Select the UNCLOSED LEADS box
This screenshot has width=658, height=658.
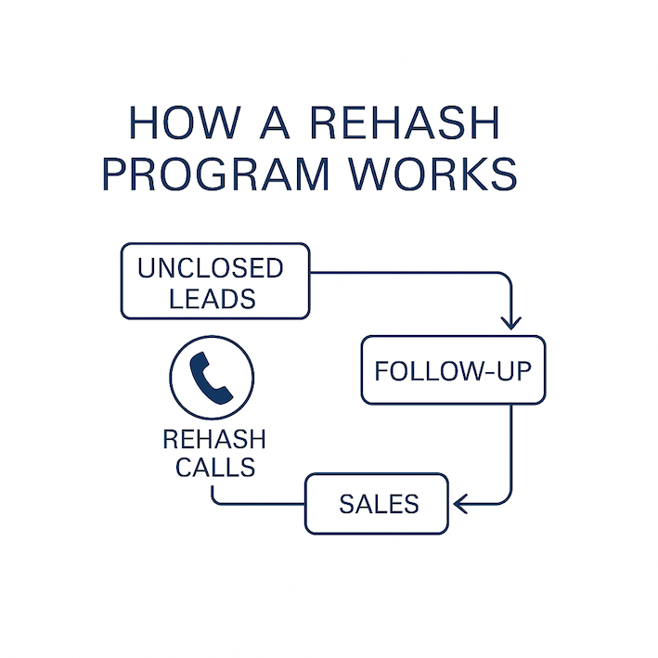214,281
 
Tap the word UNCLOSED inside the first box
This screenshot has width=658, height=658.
211,268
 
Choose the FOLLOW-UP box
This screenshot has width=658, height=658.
453,370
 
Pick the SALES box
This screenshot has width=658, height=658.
377,504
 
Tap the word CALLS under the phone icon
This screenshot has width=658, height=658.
215,467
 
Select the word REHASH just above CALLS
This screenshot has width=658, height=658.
214,439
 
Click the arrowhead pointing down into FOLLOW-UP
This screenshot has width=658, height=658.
510,321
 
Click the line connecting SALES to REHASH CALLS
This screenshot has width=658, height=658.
260,505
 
